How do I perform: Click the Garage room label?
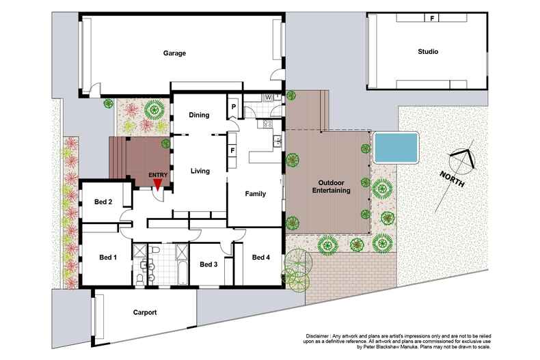point(174,53)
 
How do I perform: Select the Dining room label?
point(199,115)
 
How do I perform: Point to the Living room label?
point(200,171)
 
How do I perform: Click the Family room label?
point(255,194)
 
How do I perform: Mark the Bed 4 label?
point(261,258)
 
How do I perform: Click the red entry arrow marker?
point(158,182)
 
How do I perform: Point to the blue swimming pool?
point(396,146)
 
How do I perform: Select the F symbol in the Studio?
point(431,18)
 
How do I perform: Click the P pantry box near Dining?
point(234,107)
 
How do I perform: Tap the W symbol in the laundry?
point(269,97)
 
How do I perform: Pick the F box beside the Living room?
point(233,150)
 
